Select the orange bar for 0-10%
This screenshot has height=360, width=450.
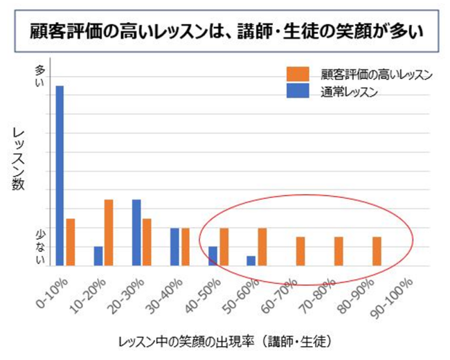tap(70, 242)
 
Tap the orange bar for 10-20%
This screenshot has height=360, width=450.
tap(109, 232)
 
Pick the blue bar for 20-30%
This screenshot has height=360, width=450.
tap(136, 232)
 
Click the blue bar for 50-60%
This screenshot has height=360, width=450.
tap(251, 260)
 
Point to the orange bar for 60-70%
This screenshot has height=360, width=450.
tap(300, 251)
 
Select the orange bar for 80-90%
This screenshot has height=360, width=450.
tap(377, 251)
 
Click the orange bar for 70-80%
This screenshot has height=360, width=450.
tap(339, 251)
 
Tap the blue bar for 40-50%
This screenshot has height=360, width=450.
tap(213, 255)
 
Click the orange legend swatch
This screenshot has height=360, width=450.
tap(298, 73)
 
